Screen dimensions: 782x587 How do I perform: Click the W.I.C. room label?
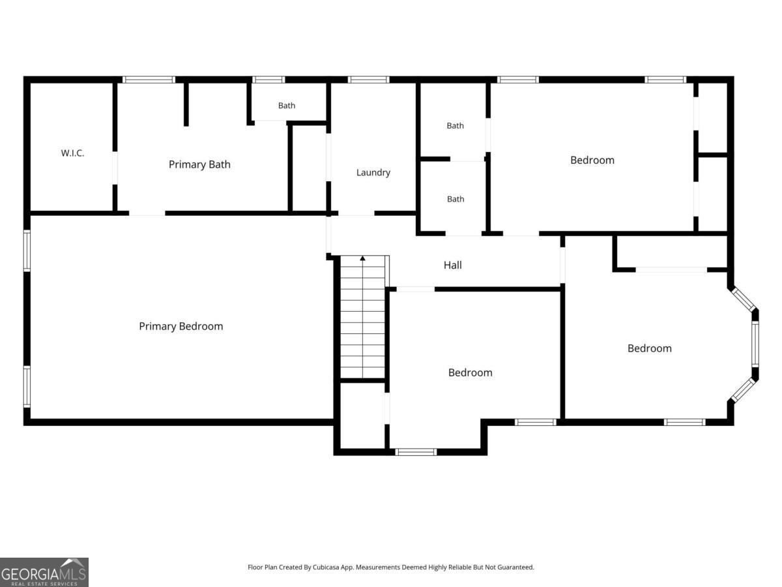73,153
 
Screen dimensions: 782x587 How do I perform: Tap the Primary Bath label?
199,164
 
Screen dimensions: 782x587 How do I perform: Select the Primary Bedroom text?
181,326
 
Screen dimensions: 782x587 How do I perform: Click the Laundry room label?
373,172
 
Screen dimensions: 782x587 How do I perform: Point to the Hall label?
453,265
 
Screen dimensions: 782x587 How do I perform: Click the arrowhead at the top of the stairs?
363,258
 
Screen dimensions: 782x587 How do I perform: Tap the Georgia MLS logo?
44,573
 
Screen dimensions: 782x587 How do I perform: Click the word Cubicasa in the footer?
326,567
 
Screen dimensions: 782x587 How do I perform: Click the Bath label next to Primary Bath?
287,106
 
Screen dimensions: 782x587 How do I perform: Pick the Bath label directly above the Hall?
456,199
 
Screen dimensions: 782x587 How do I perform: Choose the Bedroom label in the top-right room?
592,160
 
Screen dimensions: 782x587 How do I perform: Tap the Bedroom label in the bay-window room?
650,348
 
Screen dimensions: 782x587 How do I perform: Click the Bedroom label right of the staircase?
471,372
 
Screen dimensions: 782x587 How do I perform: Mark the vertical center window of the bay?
755,344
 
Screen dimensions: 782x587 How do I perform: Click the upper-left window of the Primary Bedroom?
27,250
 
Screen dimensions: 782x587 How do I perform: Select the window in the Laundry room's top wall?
368,80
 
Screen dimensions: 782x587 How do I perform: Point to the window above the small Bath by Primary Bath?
268,80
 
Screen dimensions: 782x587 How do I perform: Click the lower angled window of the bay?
743,389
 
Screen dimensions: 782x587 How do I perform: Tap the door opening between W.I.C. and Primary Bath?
115,168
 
